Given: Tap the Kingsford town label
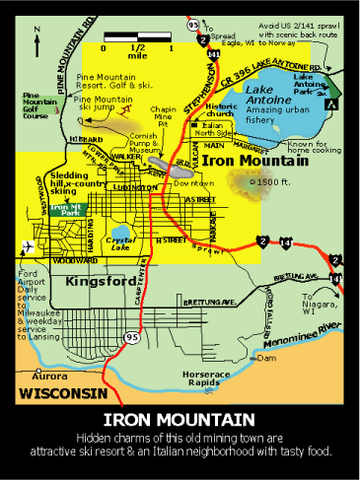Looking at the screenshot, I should pos(99,282).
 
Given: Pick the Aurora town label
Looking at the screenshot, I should pos(50,376).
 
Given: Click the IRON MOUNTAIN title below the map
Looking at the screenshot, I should pos(180,418).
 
